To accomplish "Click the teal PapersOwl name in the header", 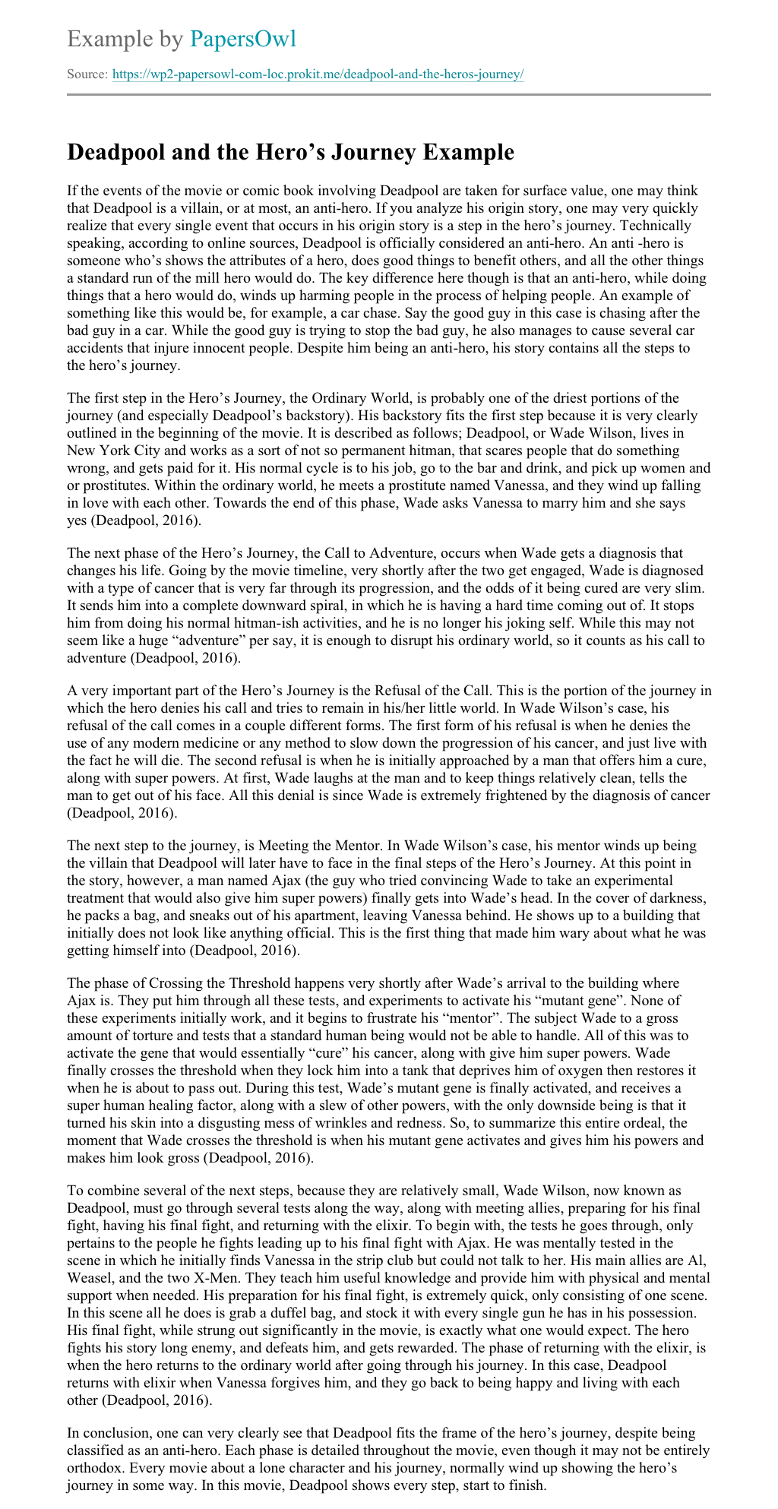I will [243, 39].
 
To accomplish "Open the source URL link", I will [318, 74].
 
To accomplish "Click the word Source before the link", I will [86, 74].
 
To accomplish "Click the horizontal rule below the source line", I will [389, 95].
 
